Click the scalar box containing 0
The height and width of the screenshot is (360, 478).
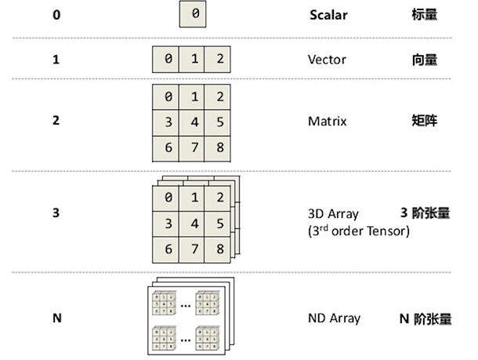point(194,15)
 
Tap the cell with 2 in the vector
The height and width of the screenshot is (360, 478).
point(221,60)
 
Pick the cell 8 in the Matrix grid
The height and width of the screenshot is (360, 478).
point(221,147)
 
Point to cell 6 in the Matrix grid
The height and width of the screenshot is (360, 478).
point(168,147)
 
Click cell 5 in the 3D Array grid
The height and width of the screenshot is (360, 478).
point(221,224)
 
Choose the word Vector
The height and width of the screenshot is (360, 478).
point(327,59)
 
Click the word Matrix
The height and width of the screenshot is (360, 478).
point(328,122)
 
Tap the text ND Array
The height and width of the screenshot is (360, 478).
point(335,318)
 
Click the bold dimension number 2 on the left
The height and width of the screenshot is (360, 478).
point(56,122)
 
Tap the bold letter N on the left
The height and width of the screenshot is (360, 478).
point(56,318)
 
